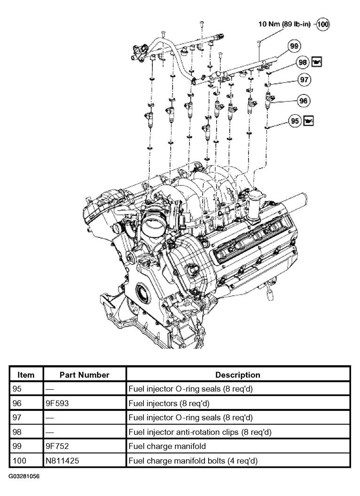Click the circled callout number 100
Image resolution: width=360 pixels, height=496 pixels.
coord(323,24)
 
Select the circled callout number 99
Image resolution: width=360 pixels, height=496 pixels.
coord(294,46)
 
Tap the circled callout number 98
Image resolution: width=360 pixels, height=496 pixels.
coord(303,63)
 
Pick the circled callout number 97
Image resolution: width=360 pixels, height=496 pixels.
coord(304,80)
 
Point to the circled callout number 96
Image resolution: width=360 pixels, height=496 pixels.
coord(303,101)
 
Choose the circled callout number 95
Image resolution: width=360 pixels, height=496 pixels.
coord(295,121)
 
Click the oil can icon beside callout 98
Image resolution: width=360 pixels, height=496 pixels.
coord(317,62)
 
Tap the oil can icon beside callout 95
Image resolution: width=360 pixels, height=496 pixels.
coord(308,121)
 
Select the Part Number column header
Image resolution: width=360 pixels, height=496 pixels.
coord(85,375)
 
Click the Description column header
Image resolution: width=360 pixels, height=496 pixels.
coord(238,375)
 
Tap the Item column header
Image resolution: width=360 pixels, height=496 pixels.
coord(26,375)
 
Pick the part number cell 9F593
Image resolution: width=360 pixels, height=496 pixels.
coord(57,403)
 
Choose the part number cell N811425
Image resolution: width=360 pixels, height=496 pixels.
coord(63,461)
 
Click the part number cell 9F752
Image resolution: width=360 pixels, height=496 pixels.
coord(58,446)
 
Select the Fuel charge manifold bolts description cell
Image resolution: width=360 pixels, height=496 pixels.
coord(193,461)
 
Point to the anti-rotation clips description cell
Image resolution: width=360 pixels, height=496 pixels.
coord(200,432)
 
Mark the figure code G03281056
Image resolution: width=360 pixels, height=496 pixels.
coord(24,476)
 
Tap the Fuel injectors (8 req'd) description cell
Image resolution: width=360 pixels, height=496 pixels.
coord(169,403)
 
